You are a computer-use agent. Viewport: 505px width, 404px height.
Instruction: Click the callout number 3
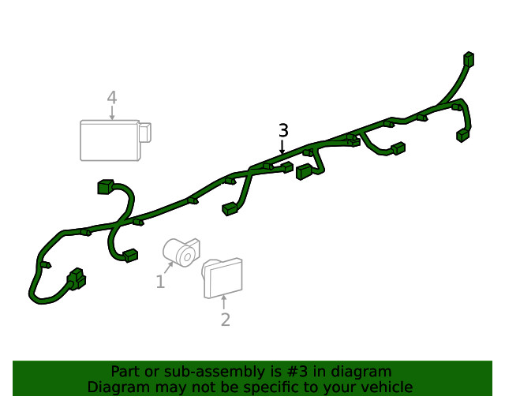pos(283,130)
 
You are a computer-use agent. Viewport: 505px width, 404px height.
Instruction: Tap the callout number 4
pos(112,98)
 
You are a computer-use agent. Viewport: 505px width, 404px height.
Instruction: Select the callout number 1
pos(160,282)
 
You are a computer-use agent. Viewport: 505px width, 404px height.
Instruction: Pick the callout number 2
pos(225,320)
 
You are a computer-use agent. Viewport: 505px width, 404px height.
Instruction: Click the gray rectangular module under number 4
pos(110,140)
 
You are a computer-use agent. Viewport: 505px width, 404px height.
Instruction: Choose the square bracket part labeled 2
pos(223,278)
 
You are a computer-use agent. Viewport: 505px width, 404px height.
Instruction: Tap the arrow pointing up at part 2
pos(224,302)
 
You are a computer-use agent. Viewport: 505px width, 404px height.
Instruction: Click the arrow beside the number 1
pos(168,267)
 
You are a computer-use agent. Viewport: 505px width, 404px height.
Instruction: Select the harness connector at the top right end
pos(469,59)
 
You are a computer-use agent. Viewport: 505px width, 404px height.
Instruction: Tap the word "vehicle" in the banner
pos(386,387)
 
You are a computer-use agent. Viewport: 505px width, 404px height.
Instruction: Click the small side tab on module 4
pos(145,132)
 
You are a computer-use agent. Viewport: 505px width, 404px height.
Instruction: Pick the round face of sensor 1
pos(187,255)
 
